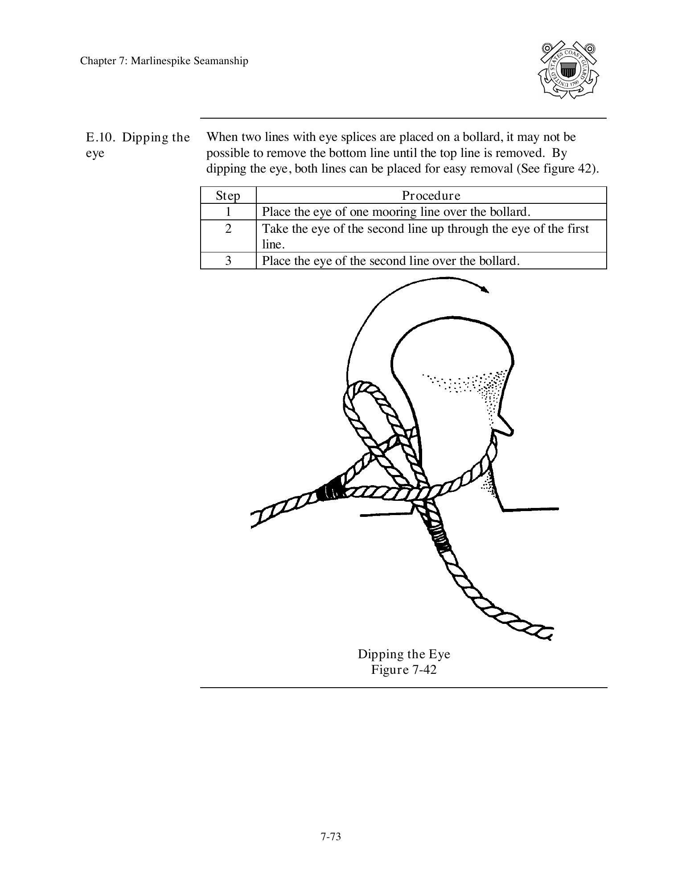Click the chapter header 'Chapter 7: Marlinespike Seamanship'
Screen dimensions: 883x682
164,61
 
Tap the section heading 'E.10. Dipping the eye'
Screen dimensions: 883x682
137,145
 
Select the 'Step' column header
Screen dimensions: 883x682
228,195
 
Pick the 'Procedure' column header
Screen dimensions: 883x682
431,195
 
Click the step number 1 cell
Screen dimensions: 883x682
228,211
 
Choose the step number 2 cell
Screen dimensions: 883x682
228,229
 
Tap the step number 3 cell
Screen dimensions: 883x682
228,260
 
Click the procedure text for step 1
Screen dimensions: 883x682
396,211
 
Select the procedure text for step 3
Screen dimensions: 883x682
390,260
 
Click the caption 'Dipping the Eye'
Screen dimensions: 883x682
404,654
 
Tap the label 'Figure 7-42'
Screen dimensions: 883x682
404,670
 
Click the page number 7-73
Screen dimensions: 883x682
330,837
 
